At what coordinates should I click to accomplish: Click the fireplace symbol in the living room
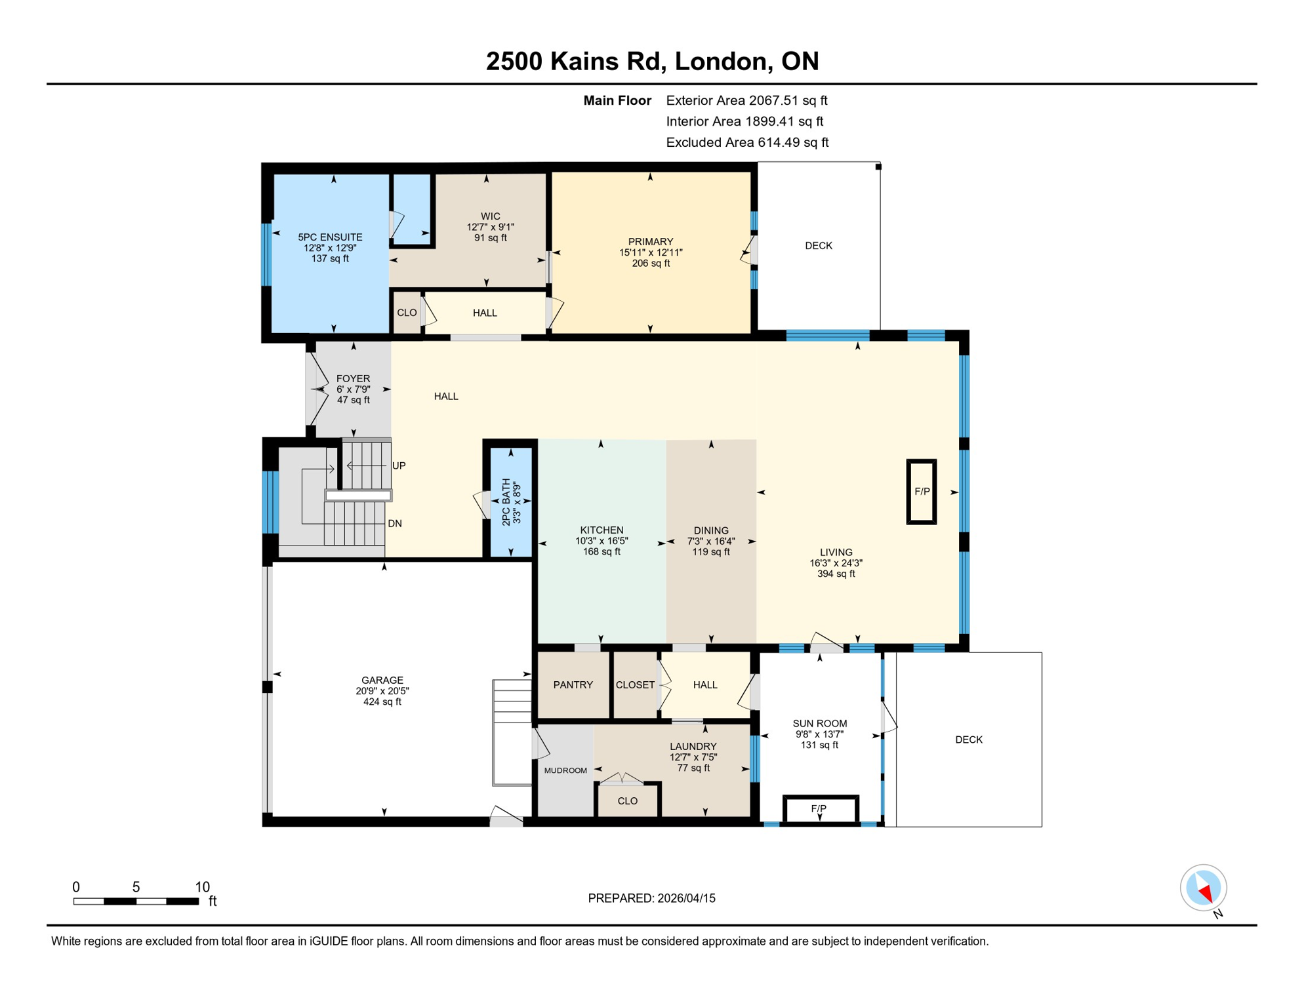[921, 491]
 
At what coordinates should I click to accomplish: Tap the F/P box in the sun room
[819, 808]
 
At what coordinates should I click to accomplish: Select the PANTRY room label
[573, 684]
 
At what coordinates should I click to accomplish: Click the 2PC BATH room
[510, 502]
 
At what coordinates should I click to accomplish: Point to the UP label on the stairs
[399, 465]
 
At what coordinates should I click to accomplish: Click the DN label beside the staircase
[394, 523]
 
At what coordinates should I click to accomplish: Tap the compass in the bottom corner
[1203, 888]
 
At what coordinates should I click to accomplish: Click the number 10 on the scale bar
[202, 886]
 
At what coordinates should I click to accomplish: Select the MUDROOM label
[565, 770]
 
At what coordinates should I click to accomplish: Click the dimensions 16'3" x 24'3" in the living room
[836, 563]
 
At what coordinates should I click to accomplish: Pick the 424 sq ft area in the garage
[382, 701]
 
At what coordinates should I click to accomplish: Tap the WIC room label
[490, 216]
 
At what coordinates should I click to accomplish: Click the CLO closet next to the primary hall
[407, 313]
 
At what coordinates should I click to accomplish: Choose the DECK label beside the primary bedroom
[818, 246]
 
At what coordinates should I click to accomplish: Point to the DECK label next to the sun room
[968, 740]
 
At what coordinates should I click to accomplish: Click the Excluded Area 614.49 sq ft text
[746, 142]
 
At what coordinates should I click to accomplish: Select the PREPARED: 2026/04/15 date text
[651, 898]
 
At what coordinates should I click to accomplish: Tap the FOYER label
[353, 378]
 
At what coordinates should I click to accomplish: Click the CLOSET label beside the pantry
[634, 684]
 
